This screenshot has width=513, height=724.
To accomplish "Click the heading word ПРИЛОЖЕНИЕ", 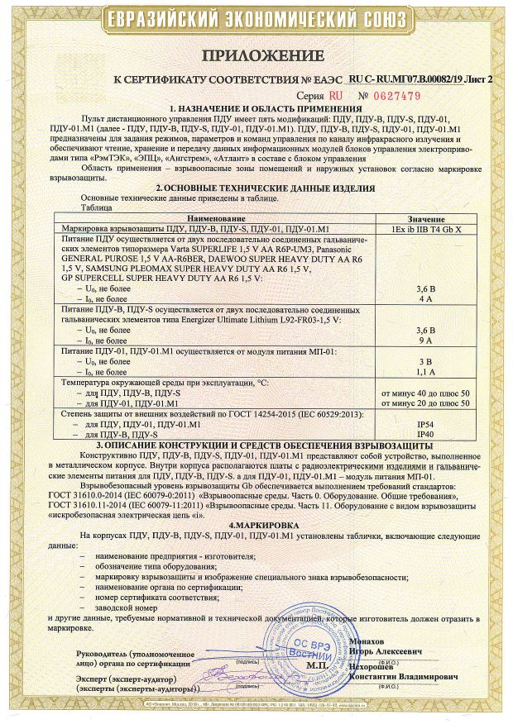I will [256, 55].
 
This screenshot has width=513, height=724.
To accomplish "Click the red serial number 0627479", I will [396, 96].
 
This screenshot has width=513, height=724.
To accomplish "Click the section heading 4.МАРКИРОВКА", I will [256, 523].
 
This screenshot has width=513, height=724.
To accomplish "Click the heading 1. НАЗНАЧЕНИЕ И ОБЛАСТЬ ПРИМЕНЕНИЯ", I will [256, 109].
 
